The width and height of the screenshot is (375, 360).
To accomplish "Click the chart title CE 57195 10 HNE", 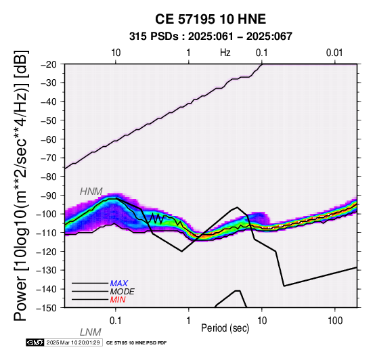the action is pyautogui.click(x=211, y=19).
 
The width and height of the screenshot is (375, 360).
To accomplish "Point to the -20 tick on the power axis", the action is pyautogui.click(x=49, y=64).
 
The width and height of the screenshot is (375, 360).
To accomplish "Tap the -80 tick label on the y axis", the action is pyautogui.click(x=49, y=177).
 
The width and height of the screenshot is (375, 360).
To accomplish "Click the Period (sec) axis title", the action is pyautogui.click(x=225, y=328).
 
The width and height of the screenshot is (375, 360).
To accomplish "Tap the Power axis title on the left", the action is pyautogui.click(x=22, y=185).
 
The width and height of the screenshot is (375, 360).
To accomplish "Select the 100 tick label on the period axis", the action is pyautogui.click(x=335, y=321).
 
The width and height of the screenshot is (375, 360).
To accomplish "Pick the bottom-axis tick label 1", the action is pyautogui.click(x=189, y=321).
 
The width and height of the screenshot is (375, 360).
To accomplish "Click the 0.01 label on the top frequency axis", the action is pyautogui.click(x=334, y=53).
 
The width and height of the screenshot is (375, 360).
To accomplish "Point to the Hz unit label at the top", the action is pyautogui.click(x=225, y=53).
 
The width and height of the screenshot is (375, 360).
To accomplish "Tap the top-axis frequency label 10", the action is pyautogui.click(x=116, y=53).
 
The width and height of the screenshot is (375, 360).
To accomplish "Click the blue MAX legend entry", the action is pyautogui.click(x=118, y=284).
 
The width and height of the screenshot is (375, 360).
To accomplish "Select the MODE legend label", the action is pyautogui.click(x=123, y=292).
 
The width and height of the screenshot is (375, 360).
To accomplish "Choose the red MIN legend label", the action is pyautogui.click(x=118, y=300).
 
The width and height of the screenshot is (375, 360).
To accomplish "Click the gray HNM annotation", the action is pyautogui.click(x=91, y=192).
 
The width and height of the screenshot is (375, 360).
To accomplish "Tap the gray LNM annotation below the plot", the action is pyautogui.click(x=91, y=332).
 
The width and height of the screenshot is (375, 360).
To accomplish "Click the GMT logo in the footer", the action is pyautogui.click(x=35, y=342).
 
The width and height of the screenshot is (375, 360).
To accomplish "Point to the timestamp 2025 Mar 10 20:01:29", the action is pyautogui.click(x=73, y=342).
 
